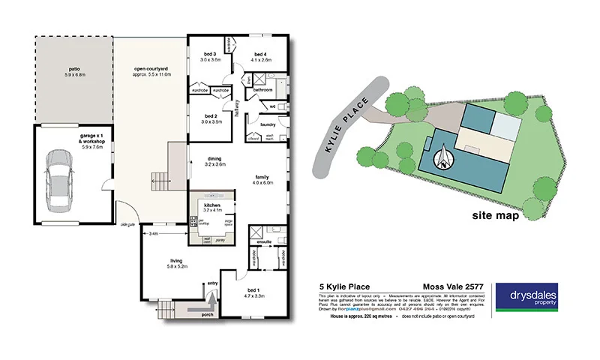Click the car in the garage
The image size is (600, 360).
coord(59,181)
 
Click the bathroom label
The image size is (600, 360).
coord(262,90)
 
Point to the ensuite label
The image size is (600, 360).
coord(264,243)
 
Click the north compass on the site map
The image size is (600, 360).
coord(444,156)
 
